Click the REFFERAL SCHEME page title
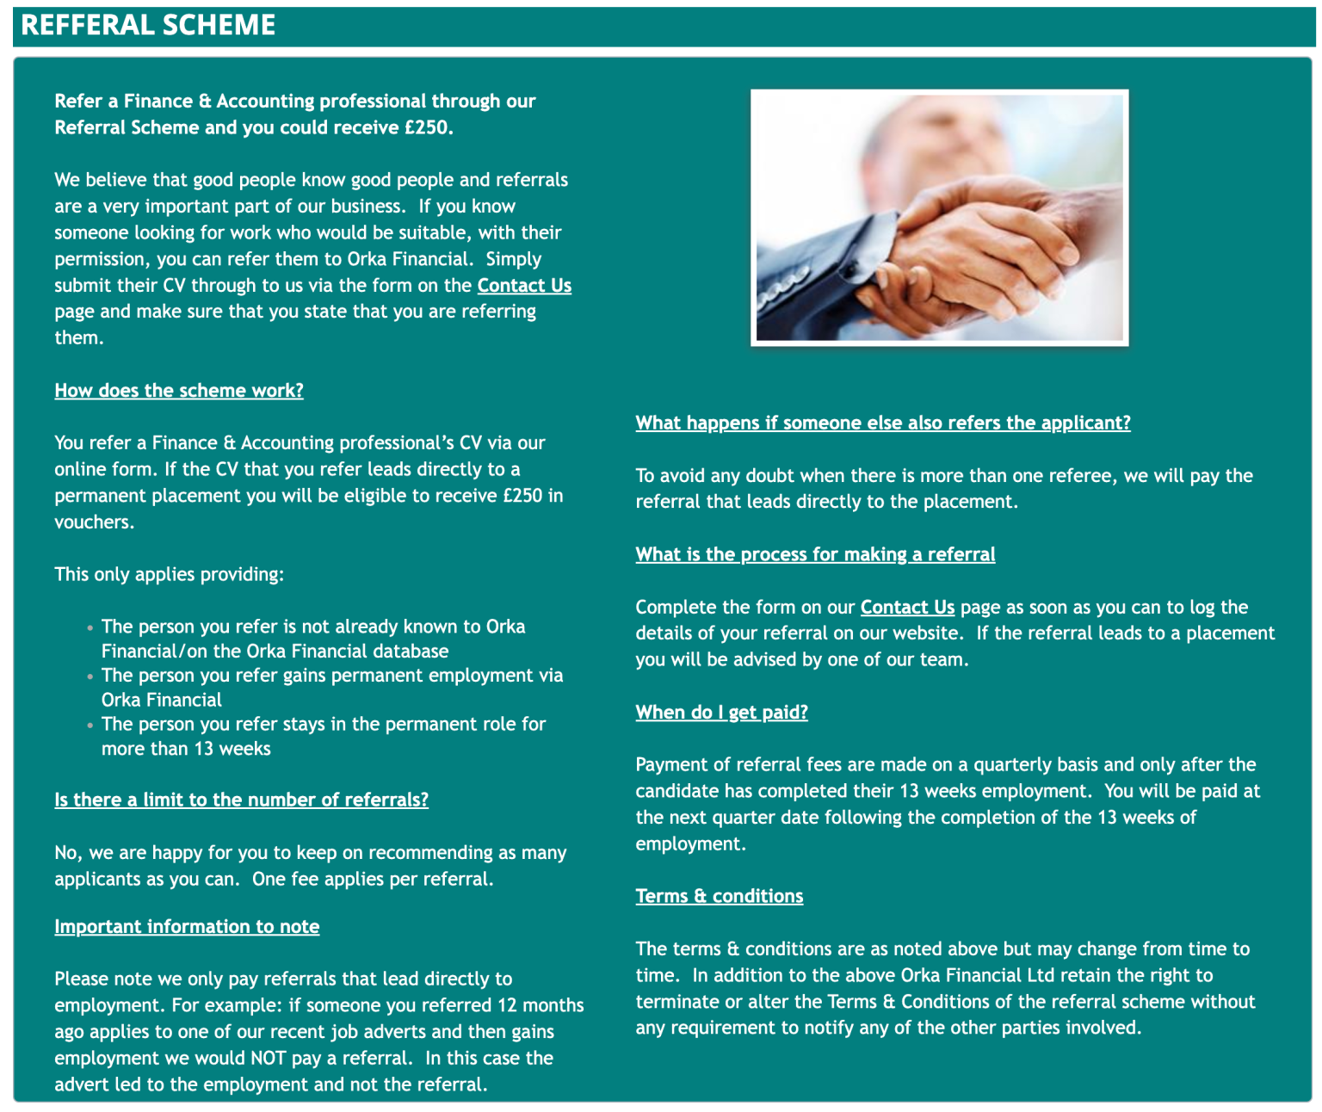[148, 25]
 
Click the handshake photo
[939, 217]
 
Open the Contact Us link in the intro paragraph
[524, 286]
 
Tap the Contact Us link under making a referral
[907, 608]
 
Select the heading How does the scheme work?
[179, 391]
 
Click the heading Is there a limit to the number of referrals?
[241, 800]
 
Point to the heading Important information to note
[187, 927]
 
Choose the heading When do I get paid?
[721, 713]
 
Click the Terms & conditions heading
[719, 897]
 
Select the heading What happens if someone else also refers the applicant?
[882, 423]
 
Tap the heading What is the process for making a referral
[815, 555]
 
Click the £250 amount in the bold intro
[427, 127]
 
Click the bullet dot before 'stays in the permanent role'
[90, 726]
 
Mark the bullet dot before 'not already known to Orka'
[90, 628]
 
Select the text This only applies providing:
[169, 575]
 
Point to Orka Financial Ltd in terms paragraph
[978, 976]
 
